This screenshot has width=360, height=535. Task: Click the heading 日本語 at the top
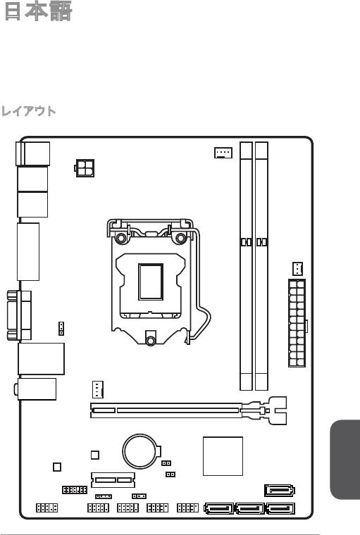[x=38, y=11]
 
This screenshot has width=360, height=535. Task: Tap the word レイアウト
[x=29, y=111]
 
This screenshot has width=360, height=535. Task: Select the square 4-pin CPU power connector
[x=85, y=168]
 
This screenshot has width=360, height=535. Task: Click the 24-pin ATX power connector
[x=297, y=323]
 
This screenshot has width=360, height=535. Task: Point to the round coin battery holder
[x=141, y=451]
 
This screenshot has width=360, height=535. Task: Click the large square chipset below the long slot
[x=223, y=456]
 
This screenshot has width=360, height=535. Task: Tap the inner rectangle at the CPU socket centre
[x=151, y=282]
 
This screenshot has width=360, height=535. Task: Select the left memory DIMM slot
[x=246, y=266]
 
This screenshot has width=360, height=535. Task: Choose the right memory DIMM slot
[x=261, y=266]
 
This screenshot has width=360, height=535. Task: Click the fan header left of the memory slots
[x=223, y=153]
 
